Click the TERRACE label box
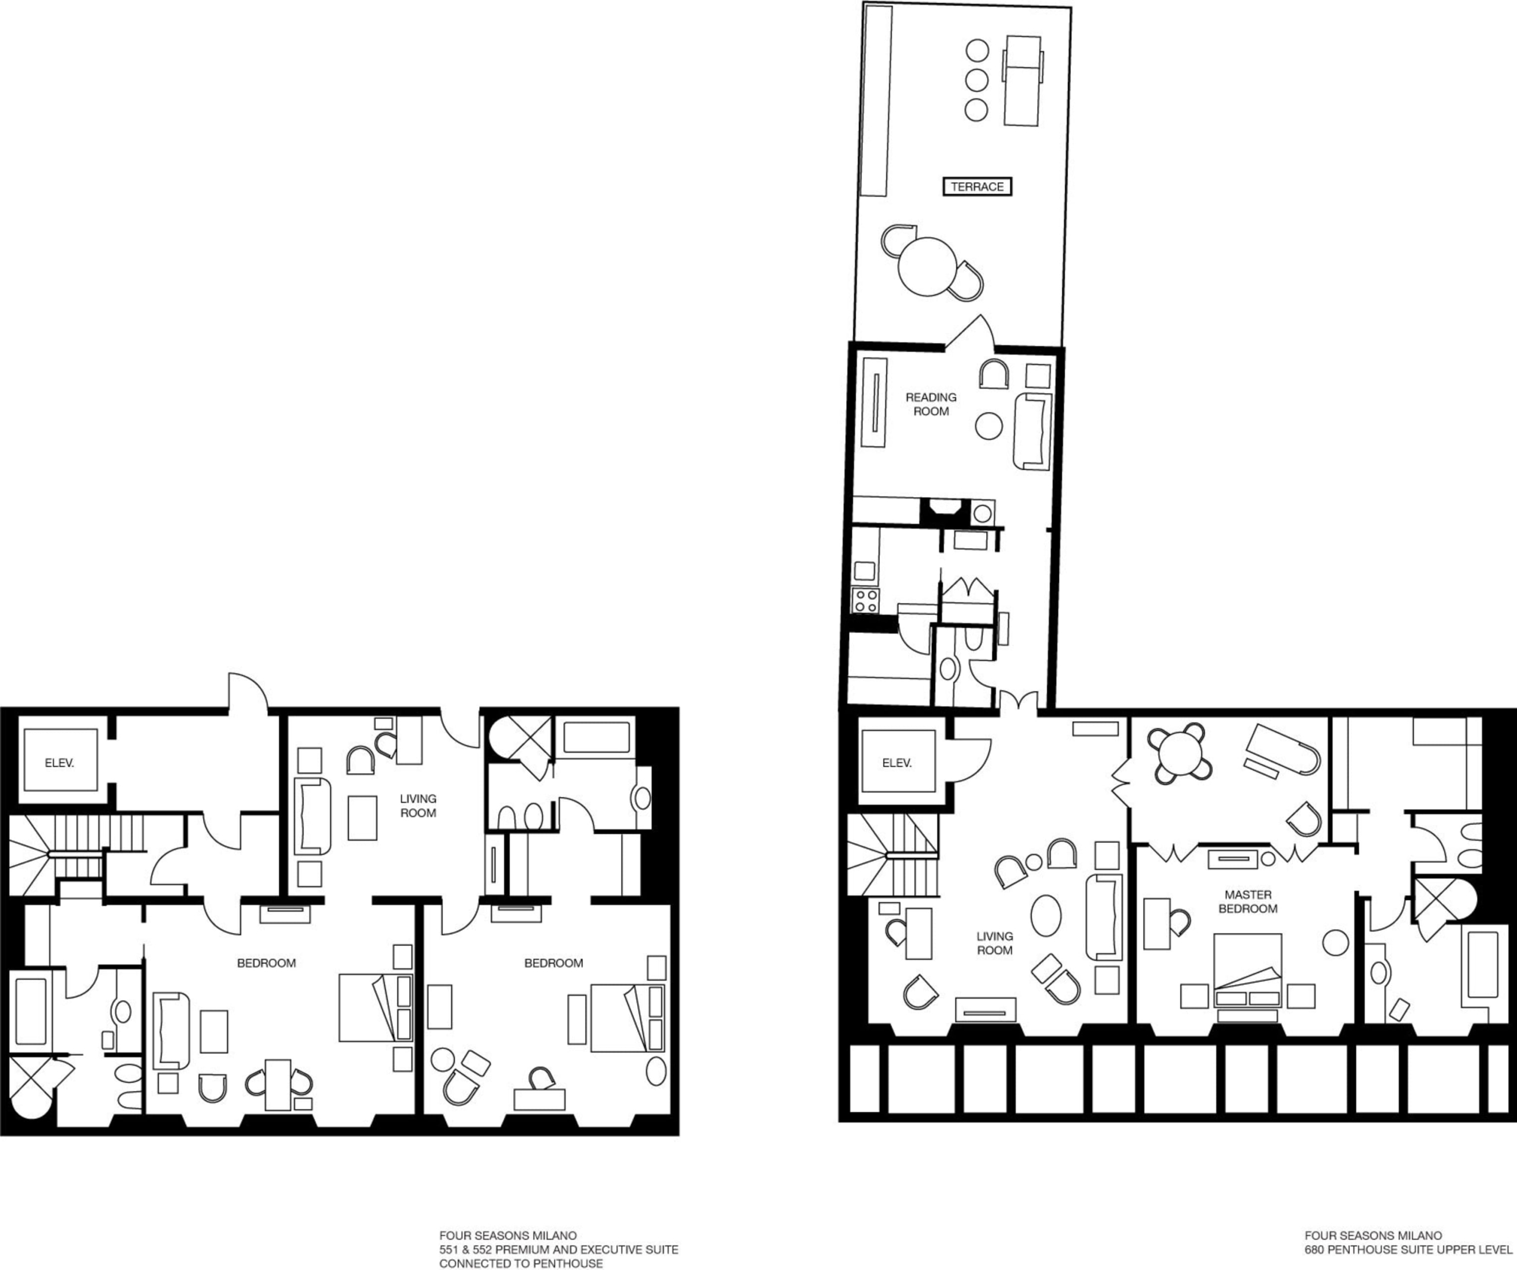click(x=977, y=187)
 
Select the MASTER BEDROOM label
click(x=1247, y=901)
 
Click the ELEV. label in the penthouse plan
click(x=897, y=763)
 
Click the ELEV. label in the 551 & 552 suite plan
click(x=59, y=763)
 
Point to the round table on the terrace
click(x=927, y=267)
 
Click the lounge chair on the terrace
click(x=1023, y=81)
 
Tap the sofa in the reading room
click(x=1032, y=431)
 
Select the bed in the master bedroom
click(x=1247, y=971)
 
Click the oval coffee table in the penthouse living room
click(x=1046, y=916)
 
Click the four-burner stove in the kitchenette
click(x=865, y=600)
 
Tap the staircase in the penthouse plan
click(x=893, y=855)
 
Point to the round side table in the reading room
click(x=989, y=426)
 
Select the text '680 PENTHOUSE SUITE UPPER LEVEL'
click(x=1409, y=1247)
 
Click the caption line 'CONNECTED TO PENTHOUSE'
click(x=521, y=1263)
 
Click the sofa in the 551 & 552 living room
click(x=313, y=816)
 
